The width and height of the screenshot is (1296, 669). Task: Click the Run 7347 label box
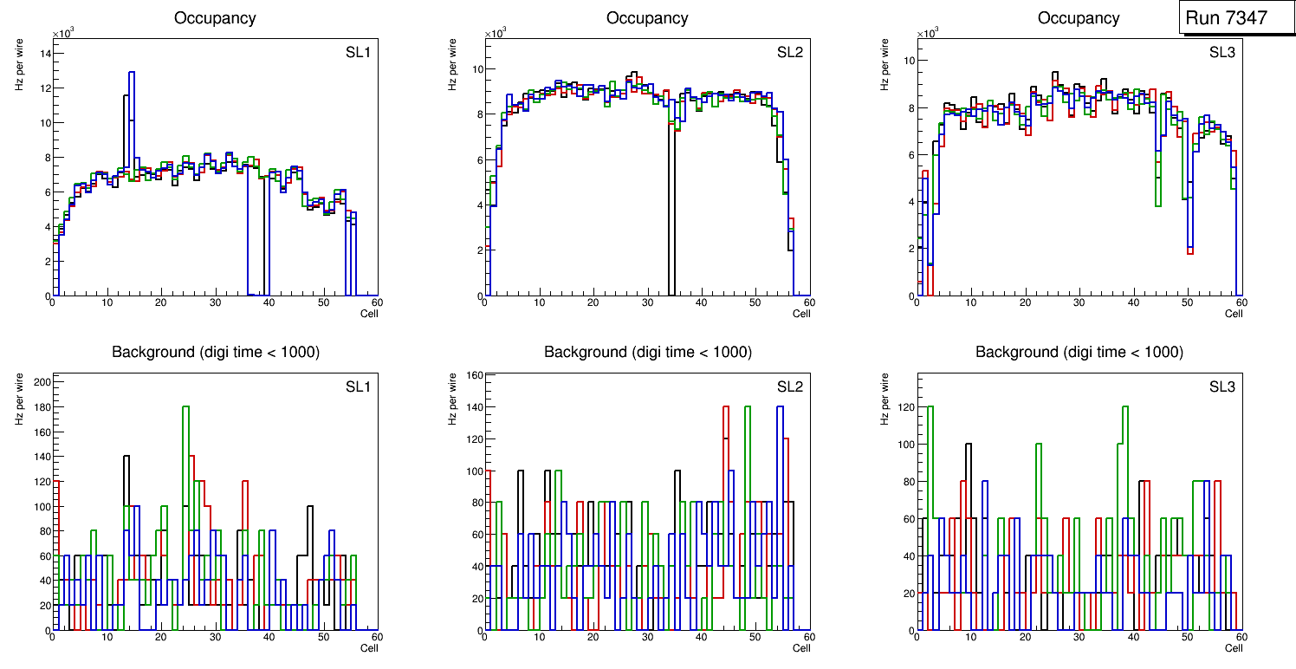[x=1232, y=18]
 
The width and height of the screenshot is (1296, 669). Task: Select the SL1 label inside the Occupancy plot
[x=358, y=53]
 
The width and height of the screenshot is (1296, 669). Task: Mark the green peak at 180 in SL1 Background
[x=185, y=407]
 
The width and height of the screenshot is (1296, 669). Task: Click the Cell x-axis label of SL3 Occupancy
[x=1234, y=314]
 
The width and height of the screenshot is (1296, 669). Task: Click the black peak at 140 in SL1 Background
[x=126, y=457]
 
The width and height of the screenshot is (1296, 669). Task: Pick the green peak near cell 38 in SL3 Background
[x=1125, y=407]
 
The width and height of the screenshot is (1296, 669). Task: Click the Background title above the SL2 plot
[x=647, y=353]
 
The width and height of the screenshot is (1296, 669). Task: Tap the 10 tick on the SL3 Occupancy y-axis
[x=910, y=61]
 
